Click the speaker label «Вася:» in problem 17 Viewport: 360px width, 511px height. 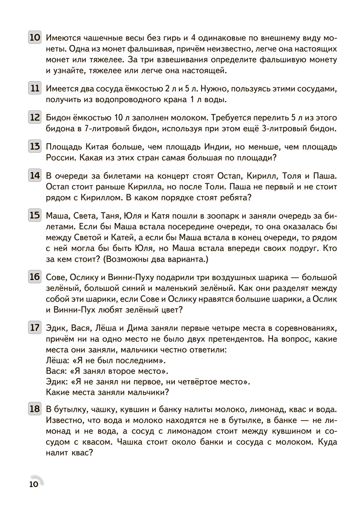click(56, 370)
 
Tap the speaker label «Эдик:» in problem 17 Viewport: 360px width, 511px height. click(57, 381)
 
